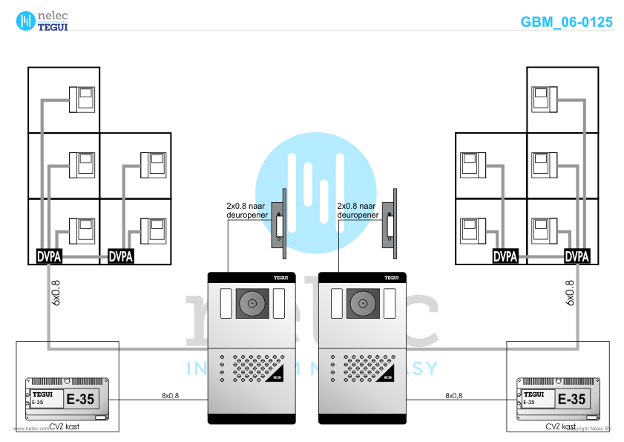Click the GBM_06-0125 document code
click(x=567, y=22)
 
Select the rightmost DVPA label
click(x=577, y=257)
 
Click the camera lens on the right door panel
click(x=364, y=303)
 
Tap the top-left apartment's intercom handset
click(x=82, y=100)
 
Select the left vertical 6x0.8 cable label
click(x=55, y=293)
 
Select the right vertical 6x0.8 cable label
click(x=570, y=293)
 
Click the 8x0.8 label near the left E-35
click(x=170, y=396)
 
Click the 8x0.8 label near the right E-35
click(x=453, y=396)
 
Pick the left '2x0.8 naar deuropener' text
click(x=247, y=210)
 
